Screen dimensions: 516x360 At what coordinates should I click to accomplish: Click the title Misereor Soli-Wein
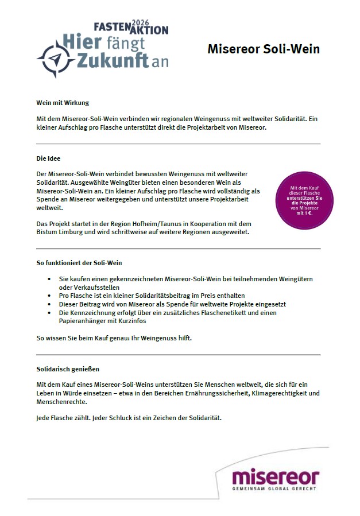pos(263,49)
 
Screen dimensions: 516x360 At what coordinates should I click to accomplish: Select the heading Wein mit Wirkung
pos(63,103)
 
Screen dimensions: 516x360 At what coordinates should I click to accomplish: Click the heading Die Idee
pos(48,158)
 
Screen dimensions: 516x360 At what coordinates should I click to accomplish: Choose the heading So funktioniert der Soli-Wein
pos(79,263)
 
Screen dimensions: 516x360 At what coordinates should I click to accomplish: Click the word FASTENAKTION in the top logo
pos(130,29)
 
